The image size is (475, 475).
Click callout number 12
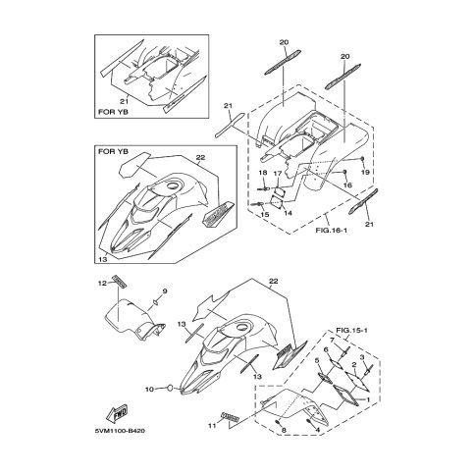tap(103, 284)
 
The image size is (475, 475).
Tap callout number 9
tap(165, 291)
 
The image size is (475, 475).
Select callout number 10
tap(149, 390)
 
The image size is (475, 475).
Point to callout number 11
tap(213, 426)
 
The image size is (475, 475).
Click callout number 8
tap(284, 431)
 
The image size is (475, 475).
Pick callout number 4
tap(318, 431)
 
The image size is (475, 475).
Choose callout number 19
tap(365, 172)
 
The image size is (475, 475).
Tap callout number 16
tap(347, 185)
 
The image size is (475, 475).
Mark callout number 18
tap(263, 173)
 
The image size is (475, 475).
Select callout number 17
tap(278, 174)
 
